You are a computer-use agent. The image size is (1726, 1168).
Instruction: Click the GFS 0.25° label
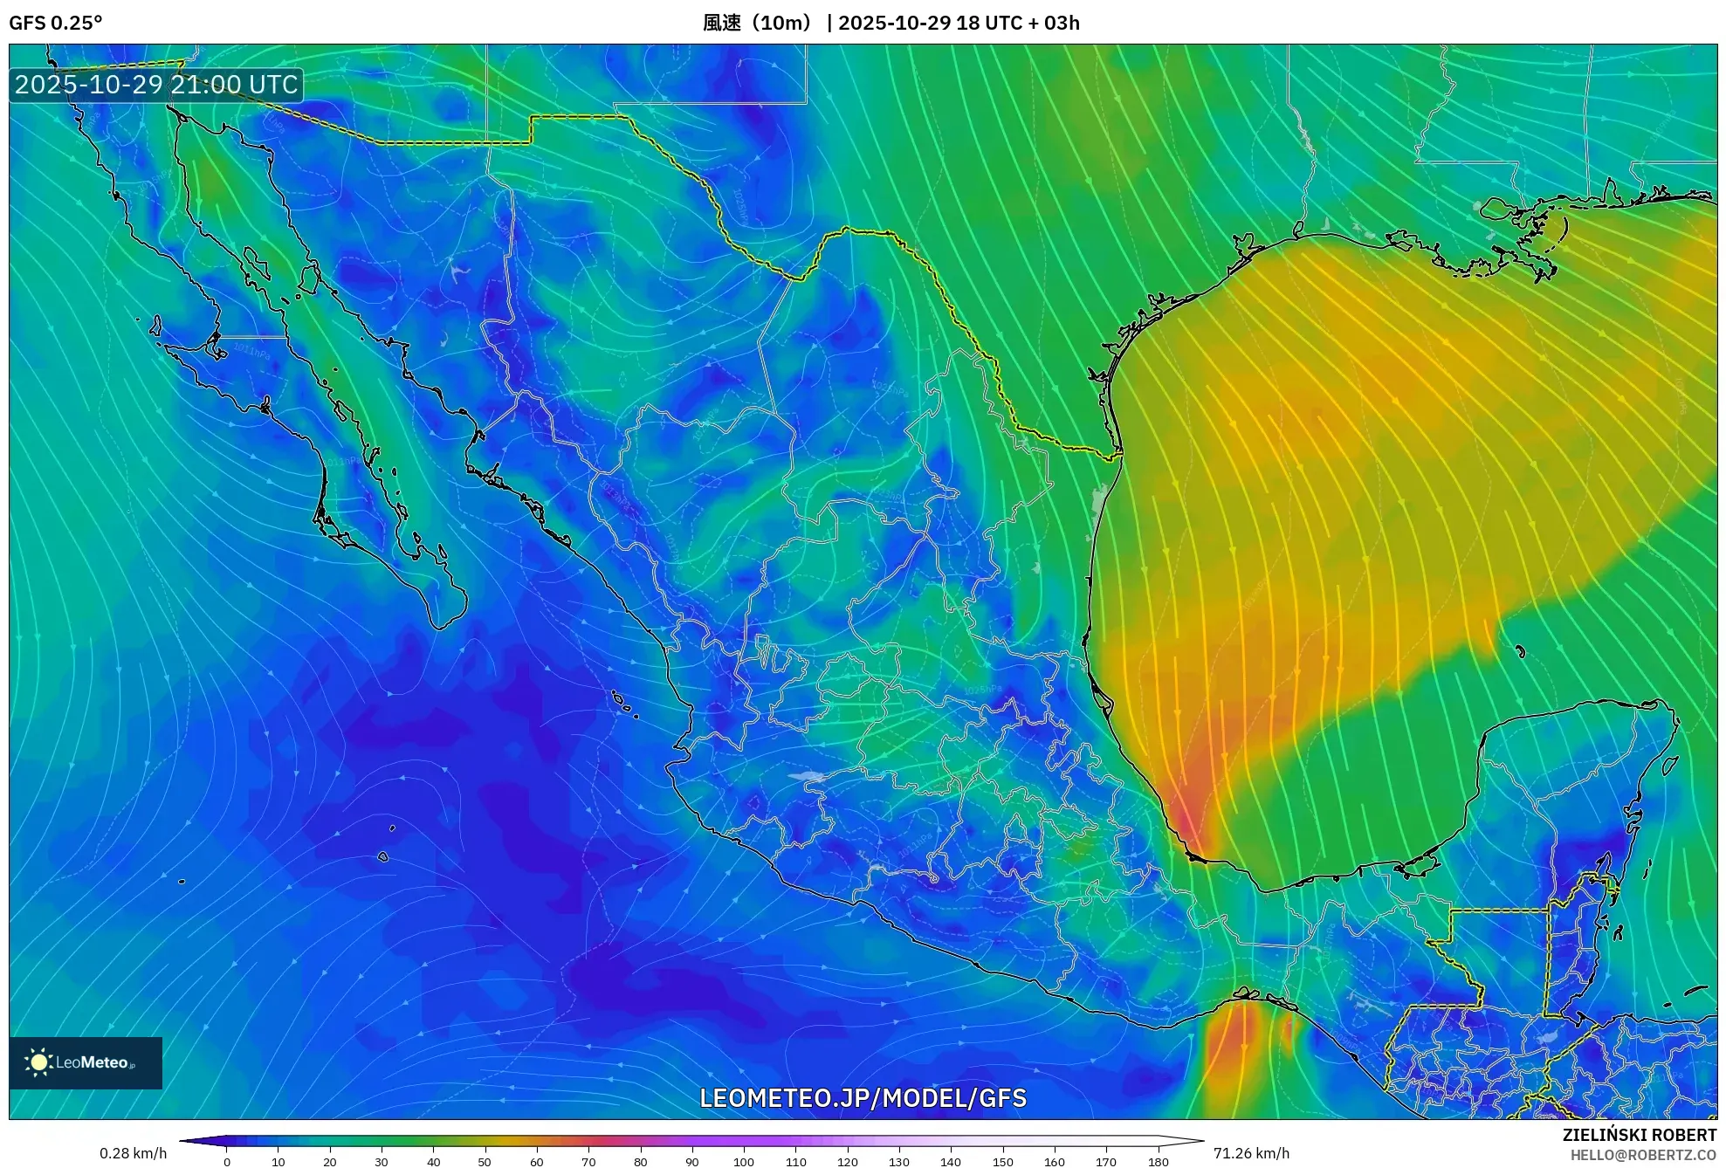tap(55, 23)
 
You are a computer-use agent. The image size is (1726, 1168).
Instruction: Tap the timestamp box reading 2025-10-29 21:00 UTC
tap(156, 85)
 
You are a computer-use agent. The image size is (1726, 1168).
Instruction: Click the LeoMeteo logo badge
tap(86, 1062)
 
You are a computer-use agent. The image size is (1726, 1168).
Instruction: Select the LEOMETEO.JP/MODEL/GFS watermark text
tap(863, 1098)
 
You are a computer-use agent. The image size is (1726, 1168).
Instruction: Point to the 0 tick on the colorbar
tap(227, 1162)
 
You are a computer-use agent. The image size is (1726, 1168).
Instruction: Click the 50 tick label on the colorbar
tap(485, 1162)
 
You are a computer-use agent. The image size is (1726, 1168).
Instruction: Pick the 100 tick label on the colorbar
tap(744, 1162)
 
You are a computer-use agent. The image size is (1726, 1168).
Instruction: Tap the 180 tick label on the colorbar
tap(1158, 1162)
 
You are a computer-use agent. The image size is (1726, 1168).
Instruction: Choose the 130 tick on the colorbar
tap(899, 1162)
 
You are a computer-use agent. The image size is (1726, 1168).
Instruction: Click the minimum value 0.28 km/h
tap(133, 1153)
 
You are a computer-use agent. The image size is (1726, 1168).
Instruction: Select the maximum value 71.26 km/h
tap(1251, 1153)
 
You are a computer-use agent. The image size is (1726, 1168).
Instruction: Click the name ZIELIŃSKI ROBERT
tap(1640, 1135)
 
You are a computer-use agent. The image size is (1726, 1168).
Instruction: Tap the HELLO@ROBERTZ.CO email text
tap(1643, 1155)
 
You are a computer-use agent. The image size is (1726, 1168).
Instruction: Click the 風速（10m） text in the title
tap(760, 23)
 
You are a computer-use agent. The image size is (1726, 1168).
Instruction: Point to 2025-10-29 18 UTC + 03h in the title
tap(959, 23)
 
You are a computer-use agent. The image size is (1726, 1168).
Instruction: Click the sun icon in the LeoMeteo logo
tap(38, 1062)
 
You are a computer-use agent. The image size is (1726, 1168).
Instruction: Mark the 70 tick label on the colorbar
tap(588, 1162)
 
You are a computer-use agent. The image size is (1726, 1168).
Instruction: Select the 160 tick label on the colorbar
tap(1055, 1162)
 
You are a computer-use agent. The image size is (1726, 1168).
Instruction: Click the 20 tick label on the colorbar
tap(330, 1162)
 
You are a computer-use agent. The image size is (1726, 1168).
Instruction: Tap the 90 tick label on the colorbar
tap(692, 1162)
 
